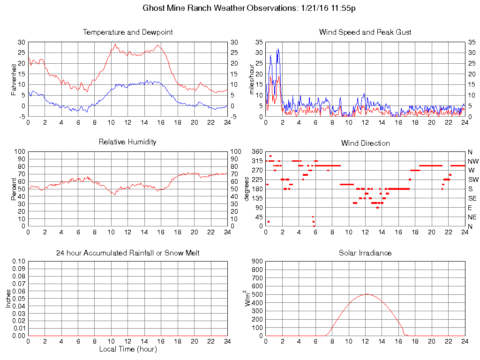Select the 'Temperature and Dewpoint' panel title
click(x=127, y=32)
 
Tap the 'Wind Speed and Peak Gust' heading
click(x=365, y=32)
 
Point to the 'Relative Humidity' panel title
click(x=127, y=142)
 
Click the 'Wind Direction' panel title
click(x=365, y=143)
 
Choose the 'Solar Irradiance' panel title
click(x=365, y=253)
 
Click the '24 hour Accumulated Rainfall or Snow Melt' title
click(x=127, y=253)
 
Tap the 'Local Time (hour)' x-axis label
click(x=127, y=349)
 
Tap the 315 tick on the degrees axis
click(x=257, y=161)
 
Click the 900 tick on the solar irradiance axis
click(x=257, y=262)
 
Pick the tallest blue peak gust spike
click(x=278, y=49)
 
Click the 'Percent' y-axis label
click(x=14, y=189)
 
